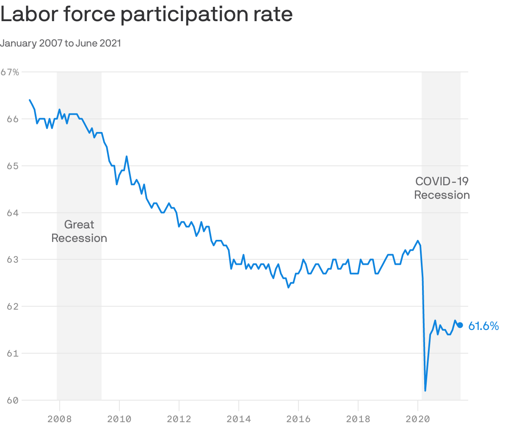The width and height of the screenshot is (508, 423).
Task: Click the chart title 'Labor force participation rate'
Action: [x=146, y=15]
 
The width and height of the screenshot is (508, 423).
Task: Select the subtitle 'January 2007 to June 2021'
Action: [x=61, y=43]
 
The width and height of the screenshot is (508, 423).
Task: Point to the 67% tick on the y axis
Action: [x=10, y=72]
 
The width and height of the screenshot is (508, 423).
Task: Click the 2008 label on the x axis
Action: [x=59, y=419]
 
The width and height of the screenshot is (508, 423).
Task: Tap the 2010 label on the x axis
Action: [x=119, y=419]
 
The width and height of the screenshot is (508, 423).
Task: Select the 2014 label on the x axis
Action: [x=239, y=419]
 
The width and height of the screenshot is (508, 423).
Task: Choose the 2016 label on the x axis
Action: [x=298, y=419]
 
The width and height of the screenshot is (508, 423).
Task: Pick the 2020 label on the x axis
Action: [x=418, y=419]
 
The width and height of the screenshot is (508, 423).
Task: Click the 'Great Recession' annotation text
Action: [x=79, y=231]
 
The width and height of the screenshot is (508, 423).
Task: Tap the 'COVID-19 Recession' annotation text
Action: [x=442, y=188]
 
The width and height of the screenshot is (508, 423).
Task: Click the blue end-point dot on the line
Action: [x=460, y=325]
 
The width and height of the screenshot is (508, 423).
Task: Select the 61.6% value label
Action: [x=483, y=326]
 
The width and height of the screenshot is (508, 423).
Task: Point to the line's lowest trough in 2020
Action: [x=425, y=390]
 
